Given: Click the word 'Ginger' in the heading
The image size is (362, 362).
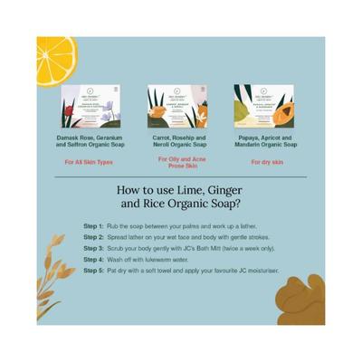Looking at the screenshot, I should pos(248,190).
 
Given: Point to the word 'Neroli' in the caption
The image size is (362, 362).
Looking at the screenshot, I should pos(160,145).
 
